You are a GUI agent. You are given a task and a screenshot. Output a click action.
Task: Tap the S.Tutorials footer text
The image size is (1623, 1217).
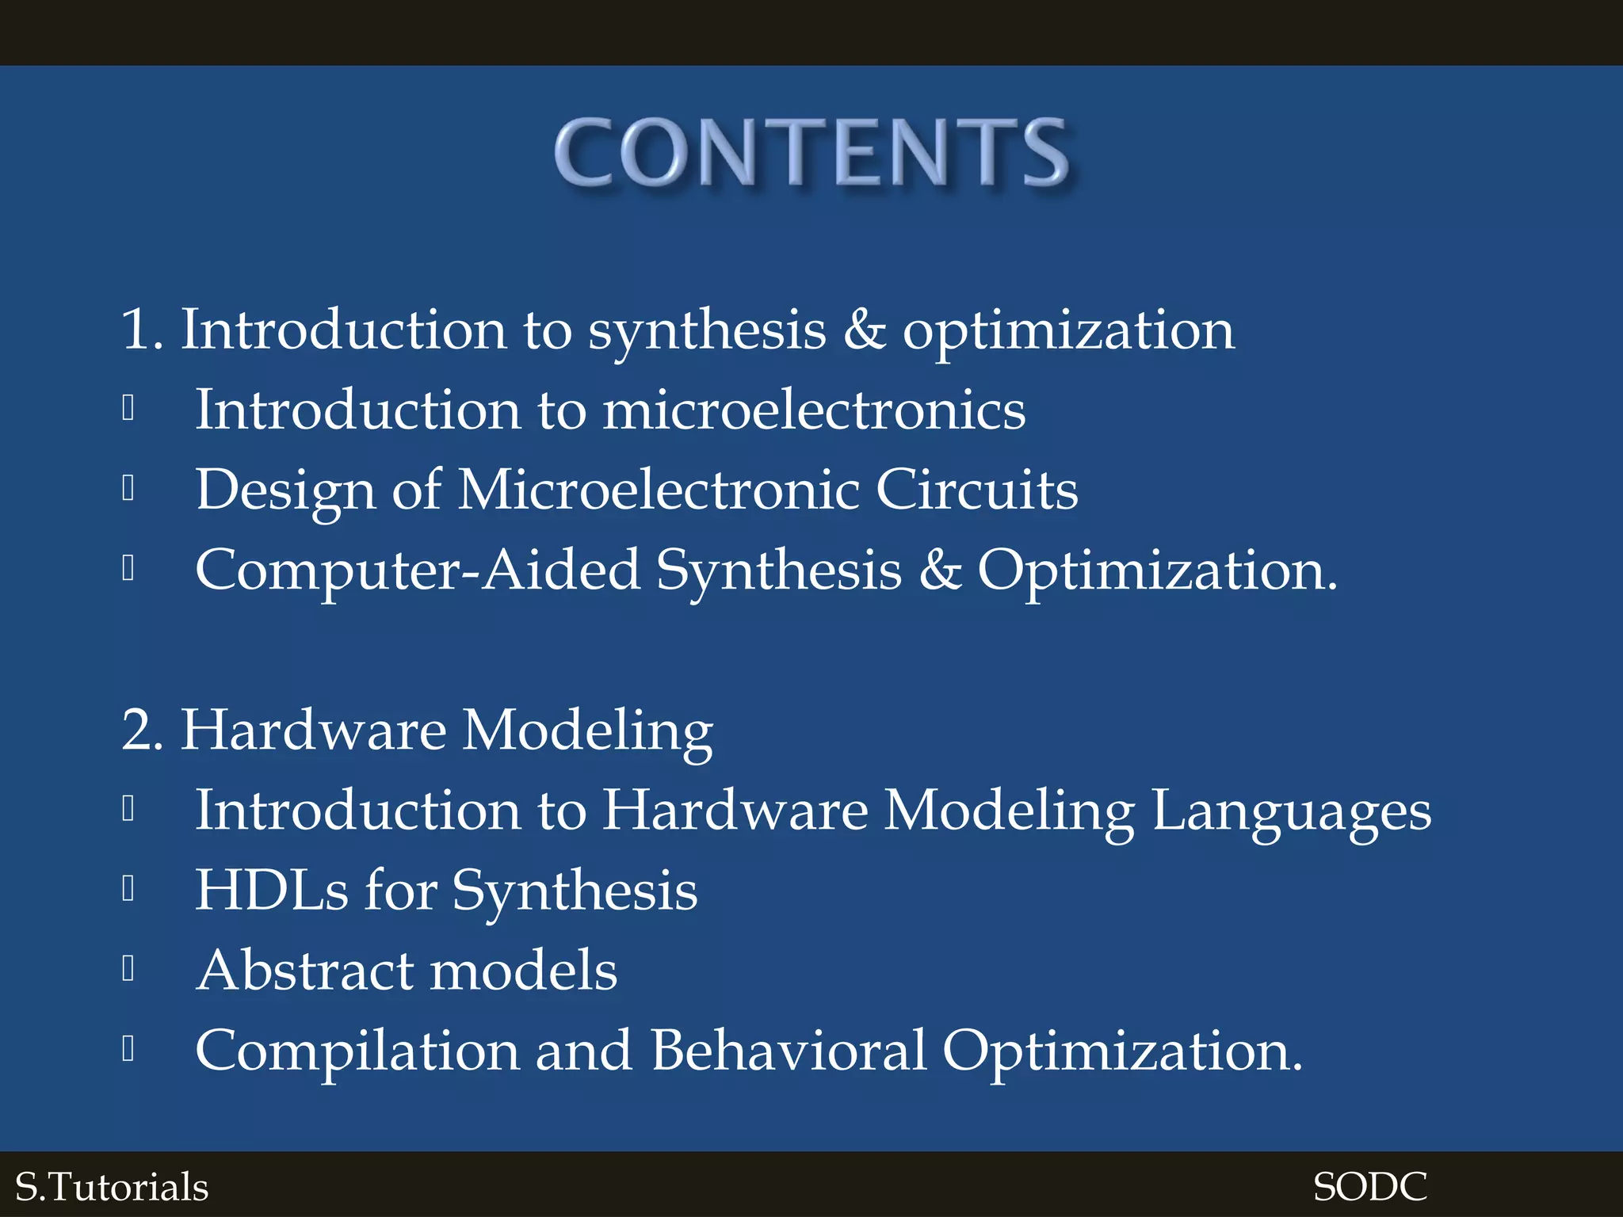coord(112,1187)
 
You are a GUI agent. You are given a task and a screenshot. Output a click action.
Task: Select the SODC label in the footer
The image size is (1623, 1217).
coord(1370,1187)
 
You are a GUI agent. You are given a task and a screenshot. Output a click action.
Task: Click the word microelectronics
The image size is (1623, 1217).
coord(814,410)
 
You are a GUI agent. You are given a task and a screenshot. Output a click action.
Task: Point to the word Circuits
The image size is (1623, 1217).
coord(976,490)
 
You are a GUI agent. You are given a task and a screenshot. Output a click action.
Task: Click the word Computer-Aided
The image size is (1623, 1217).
coord(418,570)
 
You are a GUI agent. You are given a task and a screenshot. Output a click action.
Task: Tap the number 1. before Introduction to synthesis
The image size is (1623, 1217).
coord(142,329)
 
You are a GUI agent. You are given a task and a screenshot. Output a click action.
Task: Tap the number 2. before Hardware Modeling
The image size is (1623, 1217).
coord(143,730)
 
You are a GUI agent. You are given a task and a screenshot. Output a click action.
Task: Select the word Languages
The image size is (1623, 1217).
coord(1291,811)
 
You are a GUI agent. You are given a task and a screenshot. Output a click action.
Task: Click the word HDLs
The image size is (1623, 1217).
coord(272,891)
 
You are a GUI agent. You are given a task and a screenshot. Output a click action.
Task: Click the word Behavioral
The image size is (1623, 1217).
coord(789,1050)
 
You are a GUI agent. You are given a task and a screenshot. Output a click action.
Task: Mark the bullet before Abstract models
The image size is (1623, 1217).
coord(128,968)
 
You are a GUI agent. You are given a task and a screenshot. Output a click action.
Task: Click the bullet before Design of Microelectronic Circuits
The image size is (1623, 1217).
coord(128,488)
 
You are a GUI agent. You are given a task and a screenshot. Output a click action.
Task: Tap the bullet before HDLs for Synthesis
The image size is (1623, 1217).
coord(128,888)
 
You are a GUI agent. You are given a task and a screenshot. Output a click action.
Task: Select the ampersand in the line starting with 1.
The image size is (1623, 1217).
coord(864,329)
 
